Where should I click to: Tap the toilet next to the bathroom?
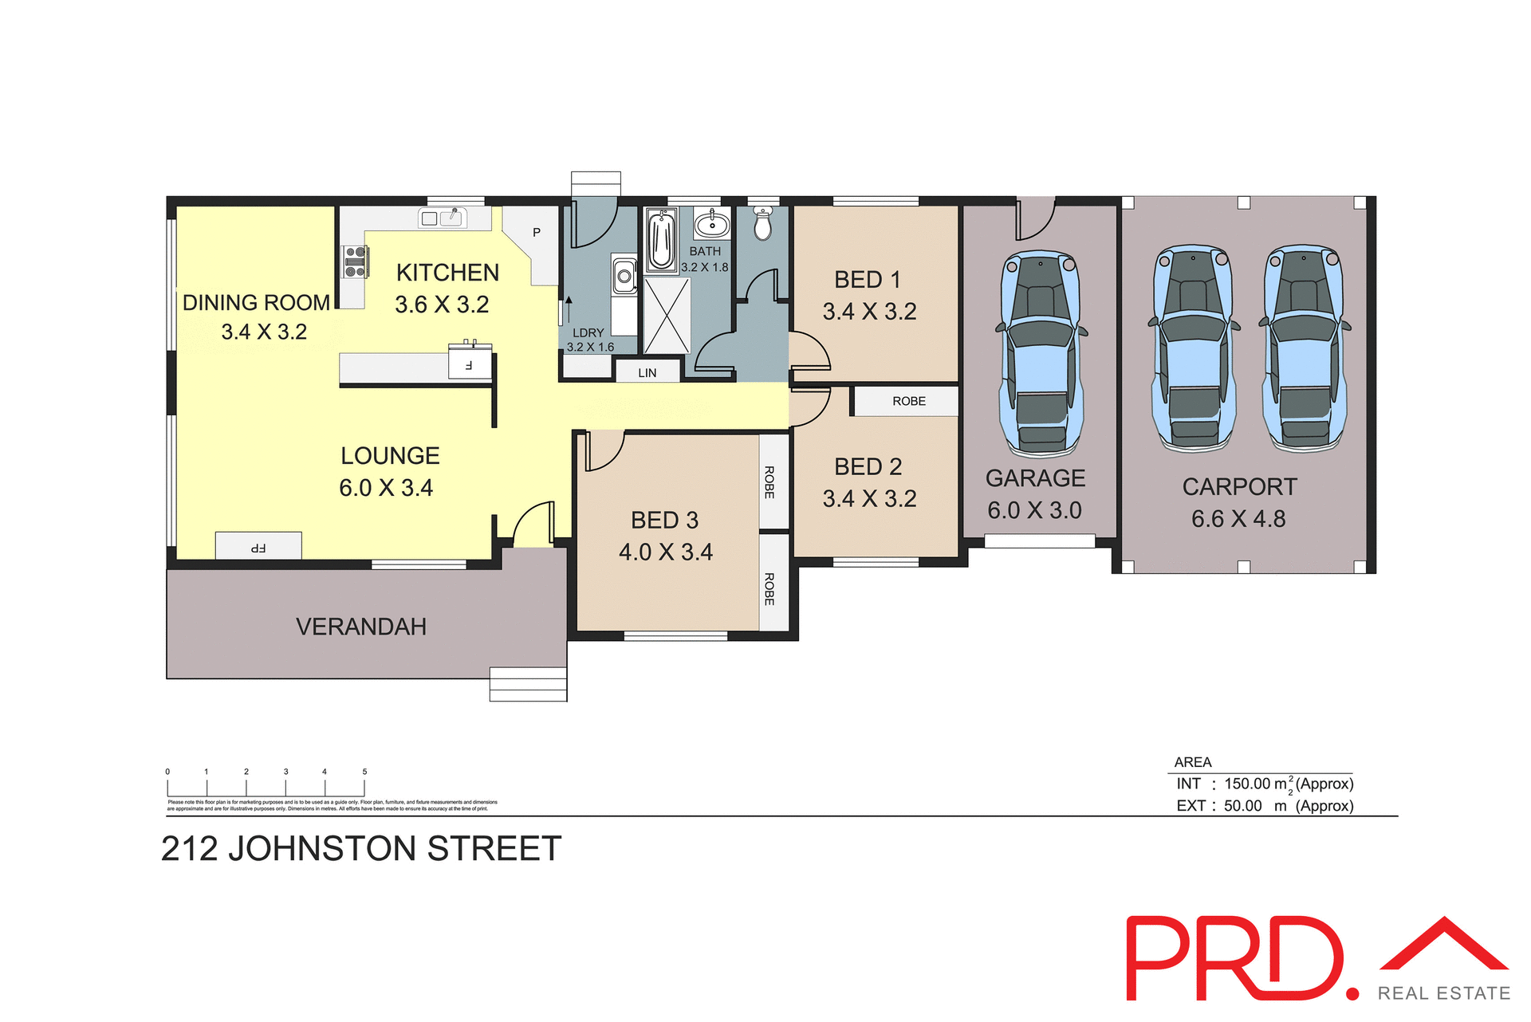click(x=763, y=224)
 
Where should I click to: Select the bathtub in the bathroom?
click(x=661, y=239)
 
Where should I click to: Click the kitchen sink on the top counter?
click(x=443, y=218)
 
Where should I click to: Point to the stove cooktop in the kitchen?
click(x=355, y=262)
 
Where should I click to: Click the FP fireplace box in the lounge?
click(x=258, y=546)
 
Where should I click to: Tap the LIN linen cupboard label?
click(x=647, y=372)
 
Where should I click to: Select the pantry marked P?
click(x=537, y=233)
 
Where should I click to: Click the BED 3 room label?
click(x=664, y=520)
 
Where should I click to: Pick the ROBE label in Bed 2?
click(x=909, y=401)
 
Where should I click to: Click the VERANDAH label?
click(x=361, y=627)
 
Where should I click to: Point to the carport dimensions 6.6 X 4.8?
click(x=1238, y=519)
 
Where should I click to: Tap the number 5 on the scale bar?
click(x=364, y=772)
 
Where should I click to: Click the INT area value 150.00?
click(x=1247, y=784)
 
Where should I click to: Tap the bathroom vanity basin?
click(x=711, y=225)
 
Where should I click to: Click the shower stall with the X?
click(x=667, y=315)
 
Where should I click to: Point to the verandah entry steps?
click(x=528, y=684)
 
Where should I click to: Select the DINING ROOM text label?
click(x=256, y=303)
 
